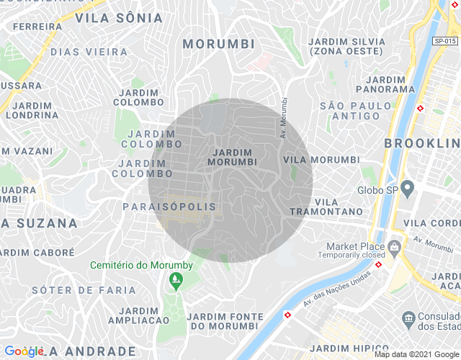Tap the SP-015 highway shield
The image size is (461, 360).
(x=444, y=42)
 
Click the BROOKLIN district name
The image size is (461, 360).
(x=422, y=143)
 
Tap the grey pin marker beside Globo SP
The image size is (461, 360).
(x=407, y=190)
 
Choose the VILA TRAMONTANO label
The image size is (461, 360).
(x=326, y=207)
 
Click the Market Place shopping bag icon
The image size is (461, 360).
(x=394, y=246)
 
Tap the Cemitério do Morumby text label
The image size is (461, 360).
(x=141, y=265)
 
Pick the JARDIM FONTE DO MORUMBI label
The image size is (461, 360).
(x=222, y=321)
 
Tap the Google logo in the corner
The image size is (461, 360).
(x=24, y=351)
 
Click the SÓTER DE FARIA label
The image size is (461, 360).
(x=84, y=290)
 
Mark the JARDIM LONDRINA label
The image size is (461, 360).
(x=31, y=110)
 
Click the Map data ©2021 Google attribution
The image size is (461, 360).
(x=416, y=354)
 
